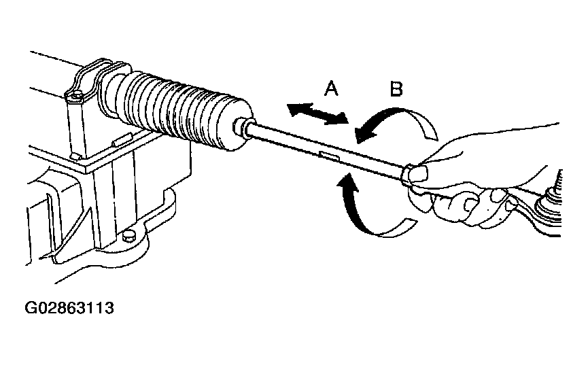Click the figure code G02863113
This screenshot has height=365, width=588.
click(69, 308)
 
